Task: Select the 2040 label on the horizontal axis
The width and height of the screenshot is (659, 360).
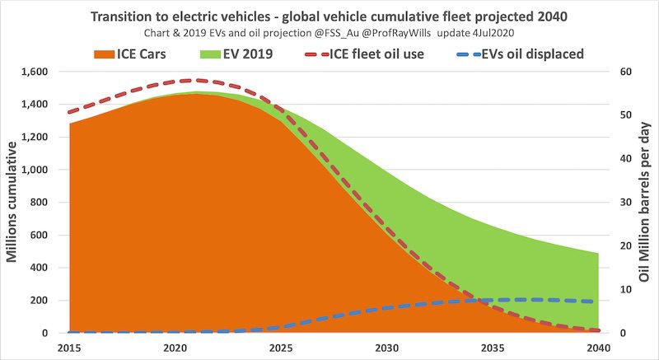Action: point(599,348)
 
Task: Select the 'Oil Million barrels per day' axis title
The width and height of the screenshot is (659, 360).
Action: point(645,203)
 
